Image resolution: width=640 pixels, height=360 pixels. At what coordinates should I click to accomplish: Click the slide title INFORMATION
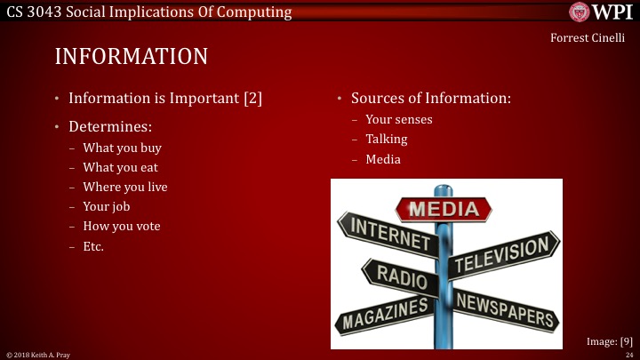point(132,56)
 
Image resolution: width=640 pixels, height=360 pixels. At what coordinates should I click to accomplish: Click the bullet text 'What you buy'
point(122,148)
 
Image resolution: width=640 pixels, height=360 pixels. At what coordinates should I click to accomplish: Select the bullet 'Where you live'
point(124,187)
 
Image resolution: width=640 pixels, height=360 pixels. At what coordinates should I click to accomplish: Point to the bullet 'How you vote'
point(121,226)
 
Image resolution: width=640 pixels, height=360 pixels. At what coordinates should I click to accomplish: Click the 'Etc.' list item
point(93,245)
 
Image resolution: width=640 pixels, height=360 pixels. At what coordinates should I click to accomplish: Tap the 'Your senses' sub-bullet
point(399,119)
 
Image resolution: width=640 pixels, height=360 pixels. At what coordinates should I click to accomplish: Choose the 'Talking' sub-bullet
point(387,140)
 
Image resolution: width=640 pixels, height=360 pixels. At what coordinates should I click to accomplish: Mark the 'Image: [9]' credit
point(610,340)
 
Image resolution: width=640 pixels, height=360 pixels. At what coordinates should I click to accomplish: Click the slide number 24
point(628,355)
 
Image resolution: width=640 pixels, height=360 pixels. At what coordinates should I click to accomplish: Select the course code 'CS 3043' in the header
point(31,12)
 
